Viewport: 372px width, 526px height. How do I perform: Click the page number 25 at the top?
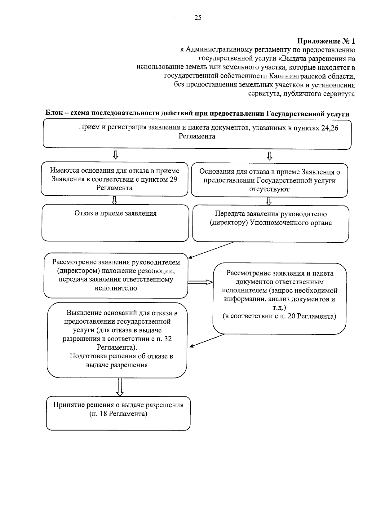(198, 18)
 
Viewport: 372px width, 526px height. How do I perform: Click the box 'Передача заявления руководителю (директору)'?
(270, 223)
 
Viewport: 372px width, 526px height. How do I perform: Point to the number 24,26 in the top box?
(330, 128)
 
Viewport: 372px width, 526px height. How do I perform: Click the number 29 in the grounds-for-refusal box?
(174, 179)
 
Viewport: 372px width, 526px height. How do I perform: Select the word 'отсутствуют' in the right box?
(269, 189)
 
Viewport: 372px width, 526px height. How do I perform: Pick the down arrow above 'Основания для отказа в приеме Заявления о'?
(269, 156)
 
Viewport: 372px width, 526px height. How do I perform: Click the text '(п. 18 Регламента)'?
(118, 413)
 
